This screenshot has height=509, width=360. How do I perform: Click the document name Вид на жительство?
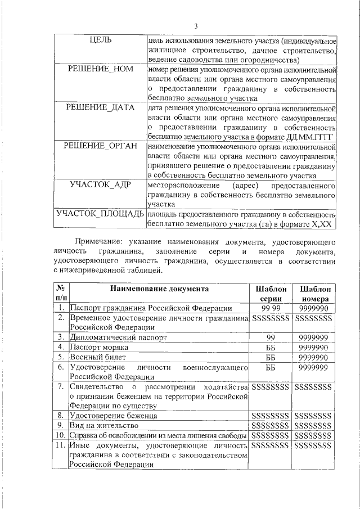tap(100, 426)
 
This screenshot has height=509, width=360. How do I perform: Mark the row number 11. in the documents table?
tap(62, 446)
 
